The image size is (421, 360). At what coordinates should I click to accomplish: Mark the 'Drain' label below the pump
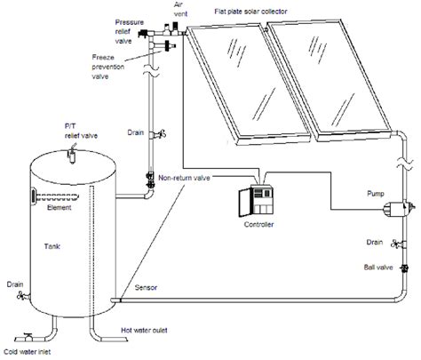coord(374,240)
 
